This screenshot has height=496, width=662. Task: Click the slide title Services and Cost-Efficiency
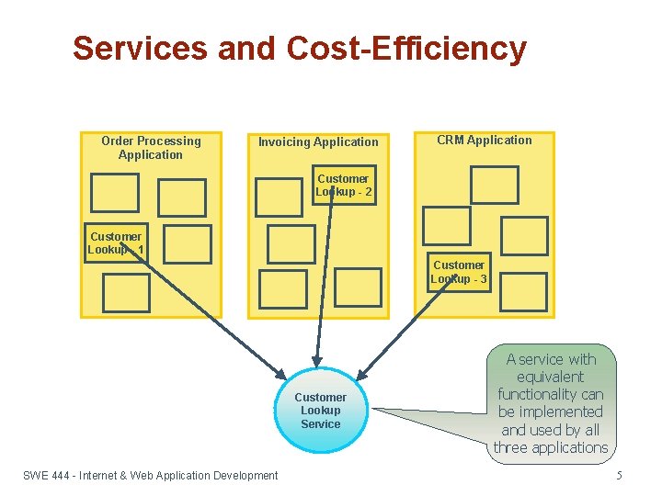[x=299, y=49]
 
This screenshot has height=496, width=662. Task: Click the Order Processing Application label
[x=151, y=148]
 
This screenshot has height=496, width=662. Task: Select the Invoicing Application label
[x=318, y=142]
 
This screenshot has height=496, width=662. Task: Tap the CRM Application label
[x=484, y=141]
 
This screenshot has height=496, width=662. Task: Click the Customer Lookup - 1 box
[x=115, y=243]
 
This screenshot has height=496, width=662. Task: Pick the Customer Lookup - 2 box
[x=343, y=185]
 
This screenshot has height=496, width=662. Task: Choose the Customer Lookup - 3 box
[x=459, y=272]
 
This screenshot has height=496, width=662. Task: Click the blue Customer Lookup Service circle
[x=320, y=411]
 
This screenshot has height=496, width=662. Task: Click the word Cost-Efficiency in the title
[x=406, y=49]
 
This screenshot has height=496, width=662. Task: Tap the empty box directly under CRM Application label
[x=494, y=185]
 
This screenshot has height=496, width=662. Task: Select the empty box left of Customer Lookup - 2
[x=279, y=197]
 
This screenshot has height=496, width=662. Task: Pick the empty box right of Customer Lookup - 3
[x=524, y=292]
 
